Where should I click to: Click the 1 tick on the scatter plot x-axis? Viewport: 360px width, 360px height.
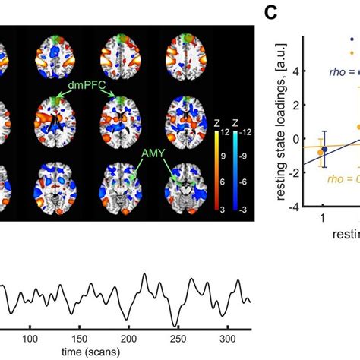[324, 219]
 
